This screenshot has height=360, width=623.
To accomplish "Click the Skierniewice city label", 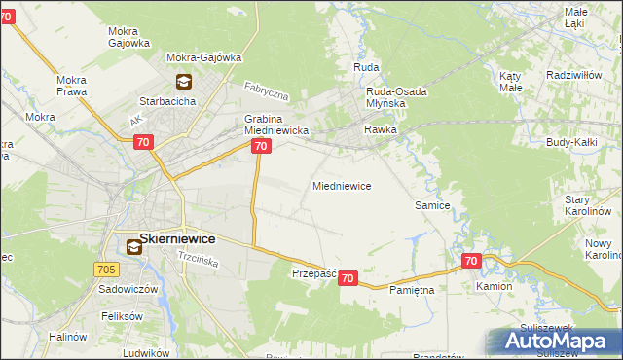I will (x=177, y=238).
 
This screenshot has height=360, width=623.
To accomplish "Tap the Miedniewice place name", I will (x=341, y=185).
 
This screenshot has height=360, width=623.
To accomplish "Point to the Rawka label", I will (x=381, y=128).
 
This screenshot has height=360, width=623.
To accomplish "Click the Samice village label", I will (x=431, y=205).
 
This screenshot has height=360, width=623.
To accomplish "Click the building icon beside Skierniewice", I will (x=132, y=247).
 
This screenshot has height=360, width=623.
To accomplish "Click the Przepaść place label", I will (x=313, y=274).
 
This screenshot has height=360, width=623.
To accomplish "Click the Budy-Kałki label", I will (x=571, y=142).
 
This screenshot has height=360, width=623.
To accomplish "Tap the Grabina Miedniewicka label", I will (x=275, y=124).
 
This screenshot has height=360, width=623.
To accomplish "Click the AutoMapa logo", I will (x=557, y=342).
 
